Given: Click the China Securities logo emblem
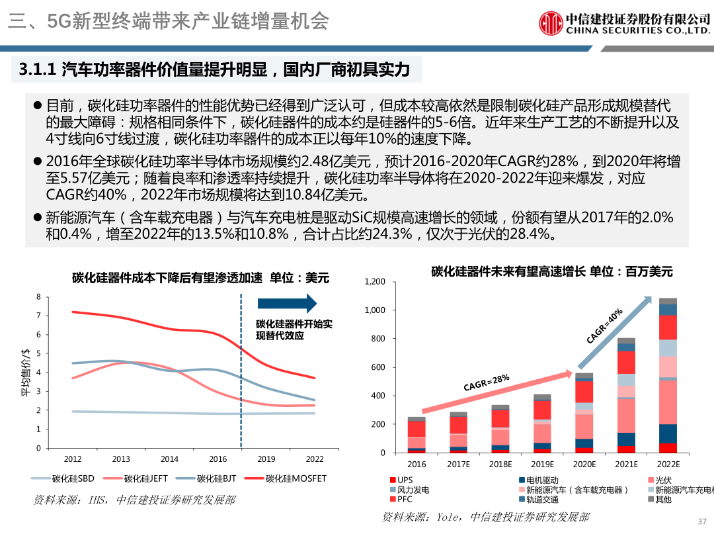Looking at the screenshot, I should [x=551, y=22].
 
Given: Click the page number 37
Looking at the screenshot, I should [x=702, y=521].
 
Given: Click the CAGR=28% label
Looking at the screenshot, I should [x=486, y=382].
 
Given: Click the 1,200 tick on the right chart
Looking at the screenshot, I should [x=375, y=282].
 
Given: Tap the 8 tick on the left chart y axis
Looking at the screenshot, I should [x=38, y=297].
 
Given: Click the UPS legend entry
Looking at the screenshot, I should [x=404, y=479].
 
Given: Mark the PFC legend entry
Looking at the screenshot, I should [x=404, y=500].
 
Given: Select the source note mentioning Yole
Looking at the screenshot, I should [x=485, y=517].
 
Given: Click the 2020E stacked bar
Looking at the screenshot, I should [x=584, y=414].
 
